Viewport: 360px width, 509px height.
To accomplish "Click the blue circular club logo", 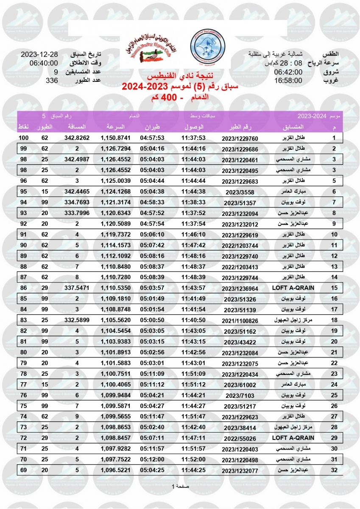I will (206, 46).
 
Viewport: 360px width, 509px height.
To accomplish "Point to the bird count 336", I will (51, 80).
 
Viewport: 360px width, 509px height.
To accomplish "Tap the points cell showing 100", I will (23, 138).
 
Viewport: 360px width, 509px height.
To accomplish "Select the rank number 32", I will (334, 470).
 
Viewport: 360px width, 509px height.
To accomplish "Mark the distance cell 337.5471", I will (77, 288).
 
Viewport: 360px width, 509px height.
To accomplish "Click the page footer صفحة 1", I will (180, 486).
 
